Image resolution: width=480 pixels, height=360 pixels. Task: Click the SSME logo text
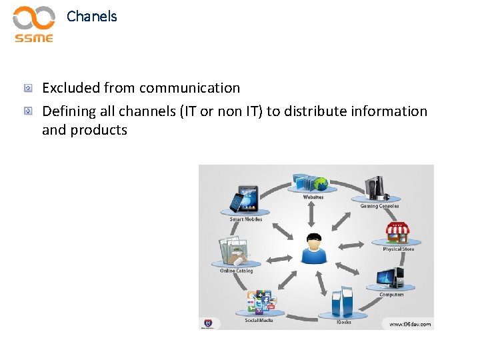34,38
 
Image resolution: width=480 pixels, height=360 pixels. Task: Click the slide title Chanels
92,17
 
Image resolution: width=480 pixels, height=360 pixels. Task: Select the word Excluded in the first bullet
69,88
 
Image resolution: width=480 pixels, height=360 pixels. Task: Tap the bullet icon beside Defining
28,111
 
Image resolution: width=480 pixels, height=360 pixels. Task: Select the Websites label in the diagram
313,197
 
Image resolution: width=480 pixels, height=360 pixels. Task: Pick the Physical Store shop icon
397,233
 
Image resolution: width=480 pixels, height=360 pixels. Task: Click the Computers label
391,295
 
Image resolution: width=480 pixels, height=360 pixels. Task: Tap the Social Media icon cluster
259,303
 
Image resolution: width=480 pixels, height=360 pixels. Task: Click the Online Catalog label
237,271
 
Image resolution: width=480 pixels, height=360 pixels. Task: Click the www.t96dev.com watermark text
410,325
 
